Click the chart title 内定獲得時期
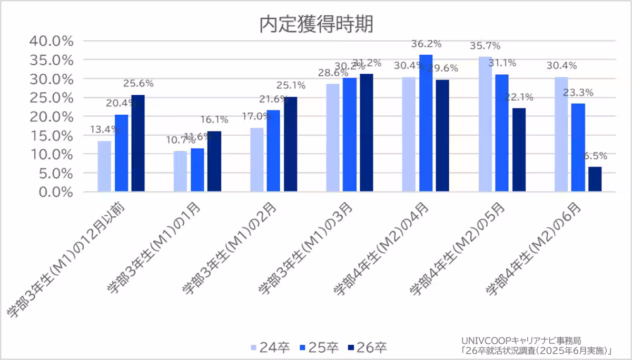[x=315, y=24]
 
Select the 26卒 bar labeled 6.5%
[x=595, y=179]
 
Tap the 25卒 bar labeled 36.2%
[x=426, y=123]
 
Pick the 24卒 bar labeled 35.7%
[x=485, y=124]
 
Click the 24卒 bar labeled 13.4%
[x=104, y=166]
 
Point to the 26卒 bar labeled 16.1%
[x=214, y=161]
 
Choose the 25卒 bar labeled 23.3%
[x=578, y=147]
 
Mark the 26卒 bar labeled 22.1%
[x=519, y=149]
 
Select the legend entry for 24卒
[x=270, y=347]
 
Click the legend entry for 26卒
[x=368, y=347]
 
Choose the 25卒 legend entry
[x=319, y=347]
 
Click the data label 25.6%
[x=138, y=83]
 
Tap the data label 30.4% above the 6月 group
[x=561, y=66]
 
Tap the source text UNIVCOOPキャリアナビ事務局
[x=521, y=340]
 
